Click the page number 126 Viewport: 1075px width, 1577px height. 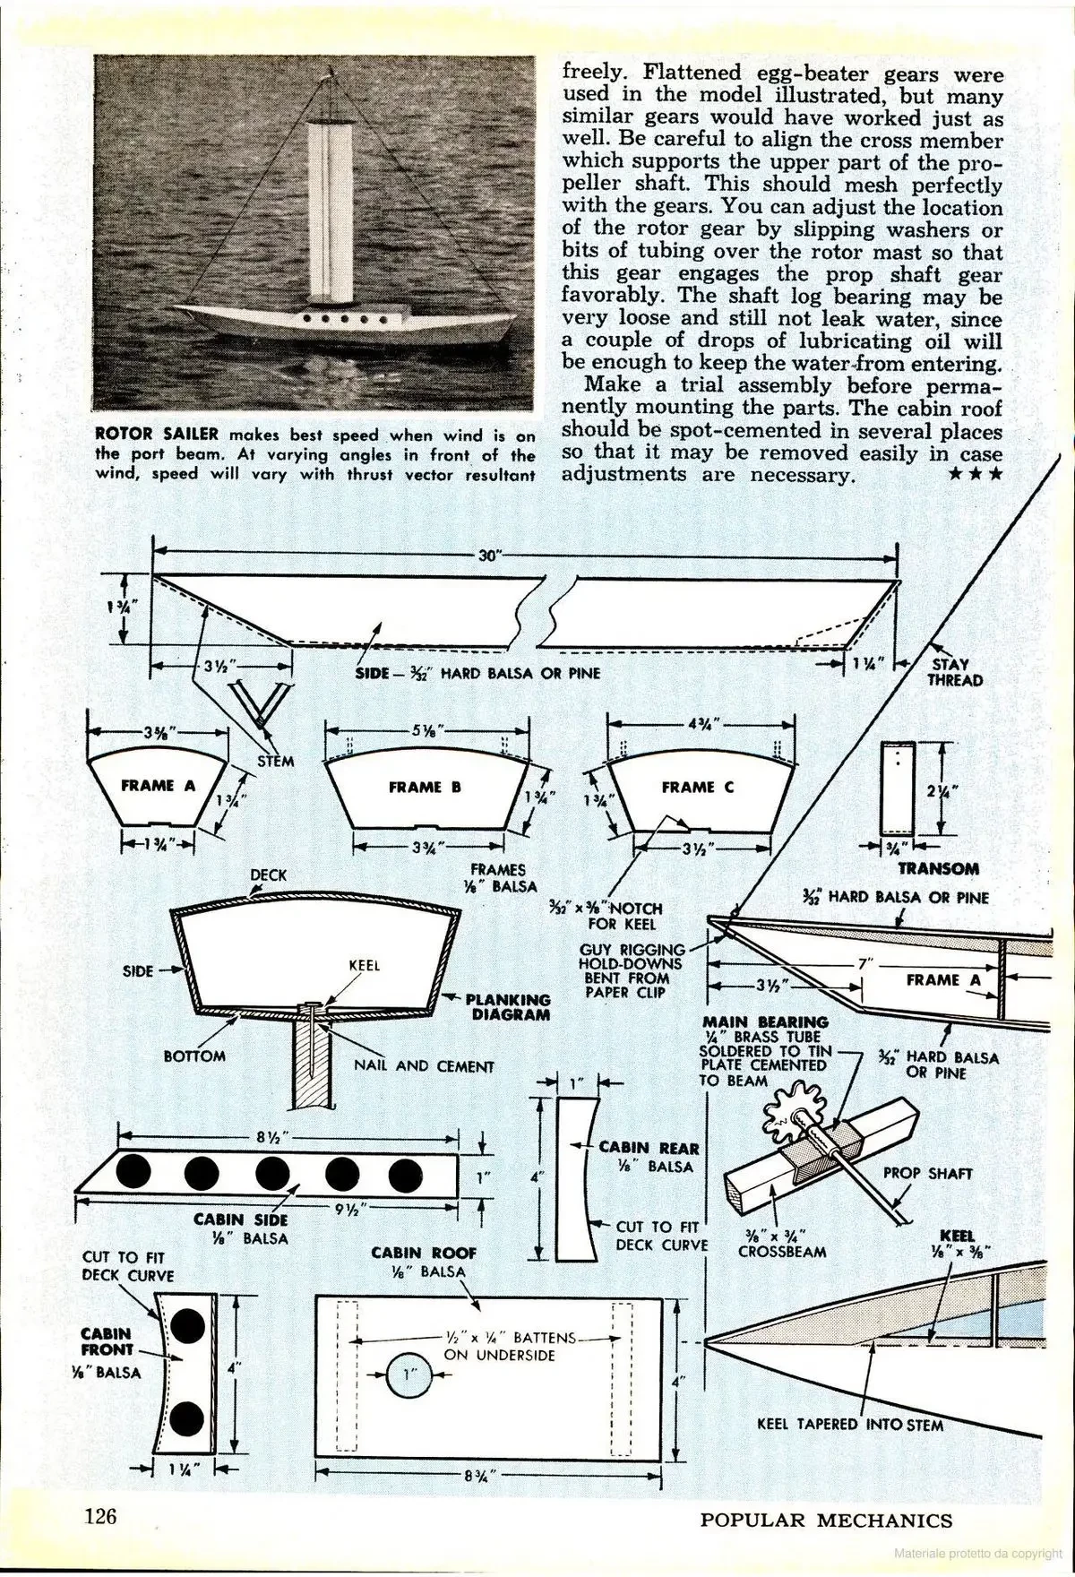tap(101, 1516)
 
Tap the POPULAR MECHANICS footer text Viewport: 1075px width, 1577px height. tap(826, 1520)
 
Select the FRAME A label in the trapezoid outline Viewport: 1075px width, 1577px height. tap(158, 786)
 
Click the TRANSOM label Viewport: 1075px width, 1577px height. tap(938, 868)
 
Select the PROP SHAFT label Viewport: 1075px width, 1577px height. tap(927, 1173)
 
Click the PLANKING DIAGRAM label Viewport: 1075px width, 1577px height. tap(508, 1006)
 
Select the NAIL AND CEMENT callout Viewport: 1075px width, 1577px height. tap(424, 1066)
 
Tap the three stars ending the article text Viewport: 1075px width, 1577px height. tap(976, 474)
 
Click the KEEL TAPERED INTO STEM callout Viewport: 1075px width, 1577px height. tap(849, 1424)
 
